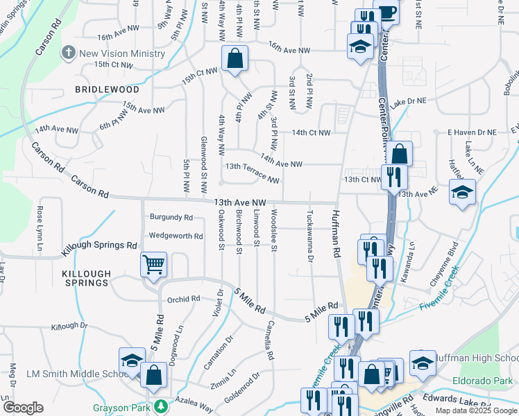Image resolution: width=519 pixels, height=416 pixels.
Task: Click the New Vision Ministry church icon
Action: pyautogui.click(x=68, y=53)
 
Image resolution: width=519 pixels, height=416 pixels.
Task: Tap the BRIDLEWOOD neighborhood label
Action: pyautogui.click(x=108, y=90)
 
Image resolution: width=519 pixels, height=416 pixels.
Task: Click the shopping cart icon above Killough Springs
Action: pyautogui.click(x=153, y=263)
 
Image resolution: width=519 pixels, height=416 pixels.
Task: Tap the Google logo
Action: pyautogui.click(x=23, y=407)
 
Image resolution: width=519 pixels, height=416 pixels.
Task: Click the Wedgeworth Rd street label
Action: pyautogui.click(x=176, y=236)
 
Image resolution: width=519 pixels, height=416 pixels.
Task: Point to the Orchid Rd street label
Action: pyautogui.click(x=183, y=300)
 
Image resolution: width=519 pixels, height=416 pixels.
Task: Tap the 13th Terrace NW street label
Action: pyautogui.click(x=252, y=171)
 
